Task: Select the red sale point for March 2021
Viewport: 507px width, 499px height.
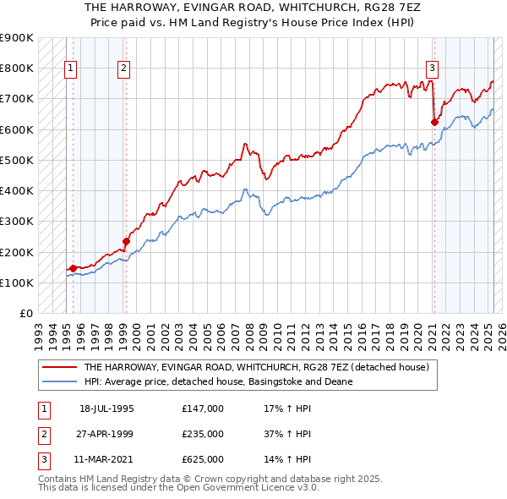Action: (x=434, y=122)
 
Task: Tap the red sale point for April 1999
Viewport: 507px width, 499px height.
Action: (x=126, y=241)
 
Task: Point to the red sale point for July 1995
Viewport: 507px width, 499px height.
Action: (x=73, y=268)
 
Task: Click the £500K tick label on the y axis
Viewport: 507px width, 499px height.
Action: (x=16, y=160)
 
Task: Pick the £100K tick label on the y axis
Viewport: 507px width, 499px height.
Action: (x=16, y=282)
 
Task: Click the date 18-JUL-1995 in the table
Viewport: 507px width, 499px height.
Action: (x=106, y=408)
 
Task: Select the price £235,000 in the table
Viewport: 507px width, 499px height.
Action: (x=203, y=434)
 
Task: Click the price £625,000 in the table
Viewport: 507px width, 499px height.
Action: (x=203, y=460)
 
